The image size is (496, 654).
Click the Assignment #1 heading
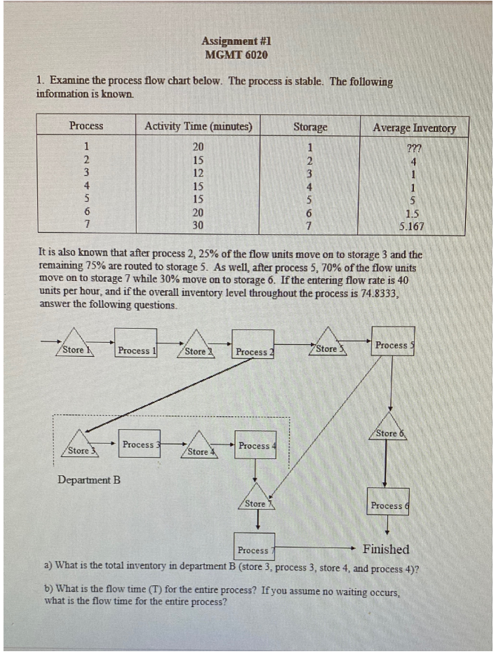click(x=236, y=41)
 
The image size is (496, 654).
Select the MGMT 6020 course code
click(x=236, y=54)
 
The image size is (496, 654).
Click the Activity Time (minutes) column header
click(x=199, y=127)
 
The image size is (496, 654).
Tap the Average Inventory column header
click(x=414, y=128)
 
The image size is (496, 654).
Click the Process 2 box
click(x=254, y=350)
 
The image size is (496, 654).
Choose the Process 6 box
click(x=387, y=505)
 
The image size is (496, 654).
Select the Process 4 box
click(x=254, y=446)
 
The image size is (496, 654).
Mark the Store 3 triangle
click(x=79, y=449)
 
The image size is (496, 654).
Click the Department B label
click(x=89, y=480)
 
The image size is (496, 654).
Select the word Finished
click(x=386, y=549)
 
